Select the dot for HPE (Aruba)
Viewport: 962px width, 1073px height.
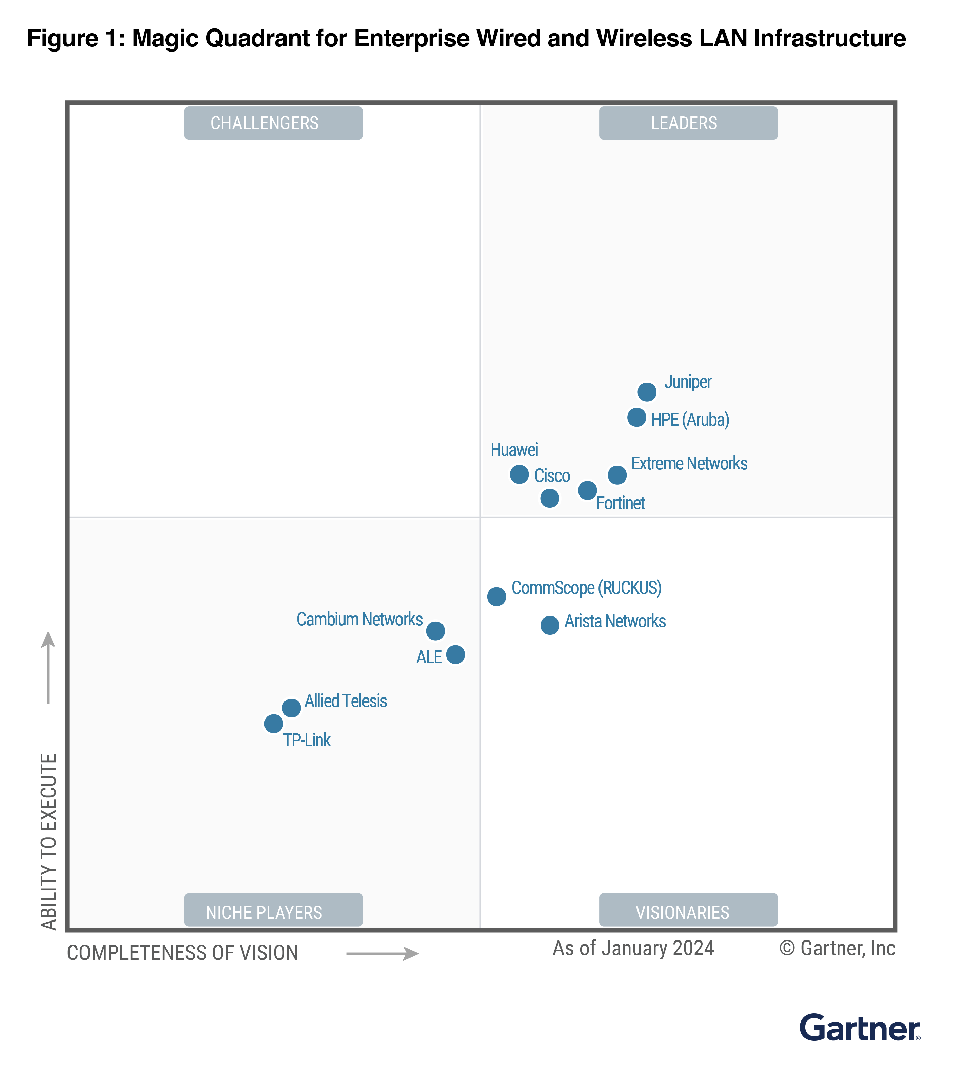tap(636, 417)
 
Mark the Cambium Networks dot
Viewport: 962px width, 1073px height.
tap(435, 630)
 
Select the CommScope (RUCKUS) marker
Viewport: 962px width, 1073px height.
tap(496, 596)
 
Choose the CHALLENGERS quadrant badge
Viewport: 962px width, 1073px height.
tap(273, 123)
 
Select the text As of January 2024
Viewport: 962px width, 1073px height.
tap(633, 948)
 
